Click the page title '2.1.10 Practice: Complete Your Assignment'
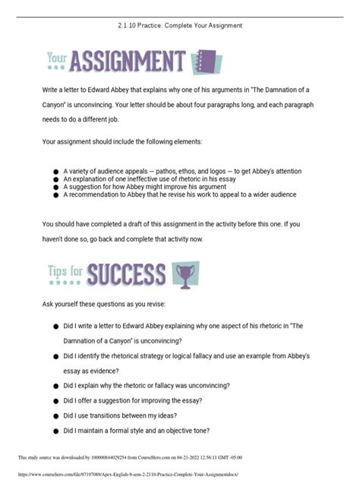179,25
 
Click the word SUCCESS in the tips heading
126,273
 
